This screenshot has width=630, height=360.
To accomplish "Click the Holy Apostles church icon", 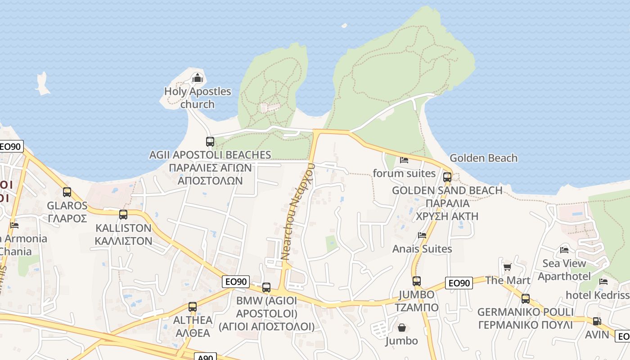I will (x=197, y=78).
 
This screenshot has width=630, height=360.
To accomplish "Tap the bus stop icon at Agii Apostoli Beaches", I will (x=210, y=142).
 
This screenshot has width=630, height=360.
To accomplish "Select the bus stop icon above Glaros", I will (x=67, y=192).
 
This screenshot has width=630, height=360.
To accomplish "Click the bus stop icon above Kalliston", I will (x=123, y=215).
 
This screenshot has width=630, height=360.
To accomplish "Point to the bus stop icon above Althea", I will (x=193, y=307).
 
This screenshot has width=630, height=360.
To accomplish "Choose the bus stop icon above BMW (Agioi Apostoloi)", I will (x=266, y=288).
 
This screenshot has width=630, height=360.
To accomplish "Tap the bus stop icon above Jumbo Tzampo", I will (x=417, y=281).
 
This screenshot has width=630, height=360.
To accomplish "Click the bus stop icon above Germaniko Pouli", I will (x=525, y=298).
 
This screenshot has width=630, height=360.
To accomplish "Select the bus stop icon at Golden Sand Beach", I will (x=447, y=177).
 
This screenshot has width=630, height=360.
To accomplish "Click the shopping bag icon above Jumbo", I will (x=401, y=328).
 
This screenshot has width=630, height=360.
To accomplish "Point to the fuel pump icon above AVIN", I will (x=597, y=321).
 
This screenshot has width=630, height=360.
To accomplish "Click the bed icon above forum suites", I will (x=404, y=160).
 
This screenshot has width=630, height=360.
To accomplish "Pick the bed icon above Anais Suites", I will (x=422, y=235).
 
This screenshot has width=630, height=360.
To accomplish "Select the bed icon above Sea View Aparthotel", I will (x=564, y=250).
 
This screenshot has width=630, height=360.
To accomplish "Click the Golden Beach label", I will (x=483, y=158).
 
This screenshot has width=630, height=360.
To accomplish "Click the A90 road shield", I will (x=205, y=357).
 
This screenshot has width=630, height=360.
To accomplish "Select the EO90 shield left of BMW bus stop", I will (x=236, y=282).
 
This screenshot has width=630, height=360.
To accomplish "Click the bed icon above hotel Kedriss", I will (x=603, y=282).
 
